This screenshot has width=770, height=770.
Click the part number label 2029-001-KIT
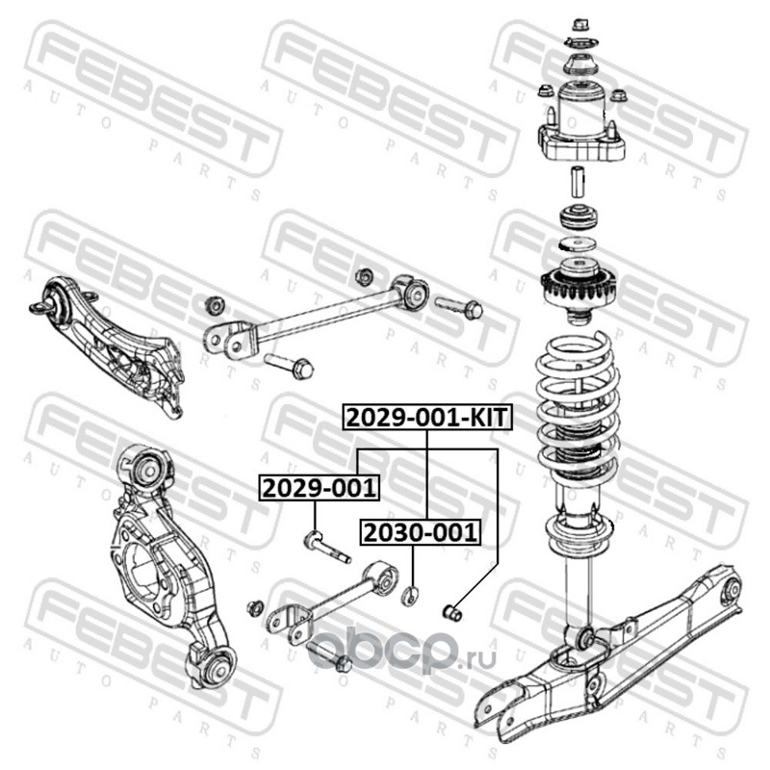point(427,418)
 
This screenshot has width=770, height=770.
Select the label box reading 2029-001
point(320,488)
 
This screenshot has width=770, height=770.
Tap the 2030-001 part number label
point(421,532)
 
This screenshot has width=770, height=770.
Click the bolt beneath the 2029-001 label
point(326,547)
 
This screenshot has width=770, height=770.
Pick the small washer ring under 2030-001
point(411,596)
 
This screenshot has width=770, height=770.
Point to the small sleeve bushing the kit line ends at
point(452,612)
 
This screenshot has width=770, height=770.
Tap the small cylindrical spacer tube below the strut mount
point(577,182)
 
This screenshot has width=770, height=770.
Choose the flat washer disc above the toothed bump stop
point(577,244)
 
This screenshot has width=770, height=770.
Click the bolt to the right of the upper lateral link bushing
point(459,306)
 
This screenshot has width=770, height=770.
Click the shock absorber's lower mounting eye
point(586,638)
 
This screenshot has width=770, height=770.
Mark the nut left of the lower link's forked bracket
point(254,608)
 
